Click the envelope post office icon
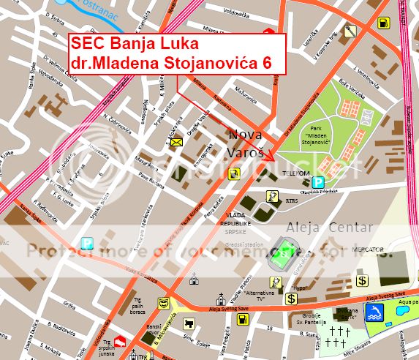tap(176, 143)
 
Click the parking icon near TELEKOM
tap(318, 182)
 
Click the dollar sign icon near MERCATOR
tap(362, 280)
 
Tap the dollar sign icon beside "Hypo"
tap(291, 299)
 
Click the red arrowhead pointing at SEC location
tap(271, 156)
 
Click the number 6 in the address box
tap(267, 63)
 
